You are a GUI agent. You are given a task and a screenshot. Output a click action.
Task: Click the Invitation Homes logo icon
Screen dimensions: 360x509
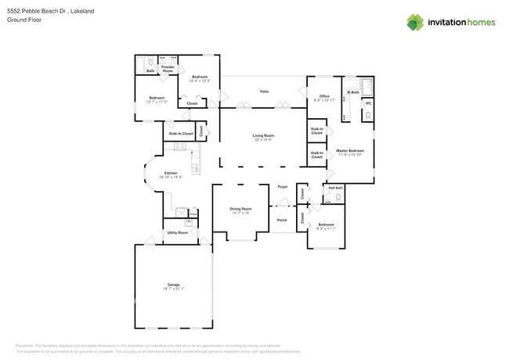click(415, 22)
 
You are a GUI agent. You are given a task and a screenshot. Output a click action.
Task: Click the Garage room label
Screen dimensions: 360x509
click(173, 284)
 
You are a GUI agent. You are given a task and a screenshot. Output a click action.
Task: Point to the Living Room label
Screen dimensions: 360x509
click(262, 135)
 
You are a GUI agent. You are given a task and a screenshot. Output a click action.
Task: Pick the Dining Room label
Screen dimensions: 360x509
click(240, 209)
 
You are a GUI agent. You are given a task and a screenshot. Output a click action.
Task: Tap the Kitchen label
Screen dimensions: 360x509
click(170, 173)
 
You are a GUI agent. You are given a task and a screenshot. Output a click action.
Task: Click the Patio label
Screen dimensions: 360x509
click(265, 92)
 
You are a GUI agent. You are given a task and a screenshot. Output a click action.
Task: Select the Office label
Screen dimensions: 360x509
click(324, 95)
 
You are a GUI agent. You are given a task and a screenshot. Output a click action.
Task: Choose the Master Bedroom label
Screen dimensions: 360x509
click(349, 150)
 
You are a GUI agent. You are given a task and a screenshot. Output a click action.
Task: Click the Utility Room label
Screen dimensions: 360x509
click(177, 232)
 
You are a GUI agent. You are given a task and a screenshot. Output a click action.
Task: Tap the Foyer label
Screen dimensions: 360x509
click(283, 187)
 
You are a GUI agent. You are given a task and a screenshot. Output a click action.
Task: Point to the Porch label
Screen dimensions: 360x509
click(282, 220)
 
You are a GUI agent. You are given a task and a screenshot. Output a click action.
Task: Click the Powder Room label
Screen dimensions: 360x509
click(168, 69)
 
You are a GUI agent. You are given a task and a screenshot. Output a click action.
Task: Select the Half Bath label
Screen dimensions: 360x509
click(335, 188)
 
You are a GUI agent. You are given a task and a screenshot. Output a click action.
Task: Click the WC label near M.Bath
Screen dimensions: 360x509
click(368, 103)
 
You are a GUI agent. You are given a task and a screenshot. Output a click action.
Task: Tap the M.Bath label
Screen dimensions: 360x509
click(354, 92)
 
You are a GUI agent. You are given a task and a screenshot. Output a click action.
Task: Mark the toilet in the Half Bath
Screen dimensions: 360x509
click(338, 198)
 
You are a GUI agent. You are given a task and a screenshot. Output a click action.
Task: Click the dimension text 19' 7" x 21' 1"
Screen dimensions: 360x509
click(173, 289)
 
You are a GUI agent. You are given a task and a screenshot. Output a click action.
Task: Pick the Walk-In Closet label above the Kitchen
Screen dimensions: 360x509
click(181, 134)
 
